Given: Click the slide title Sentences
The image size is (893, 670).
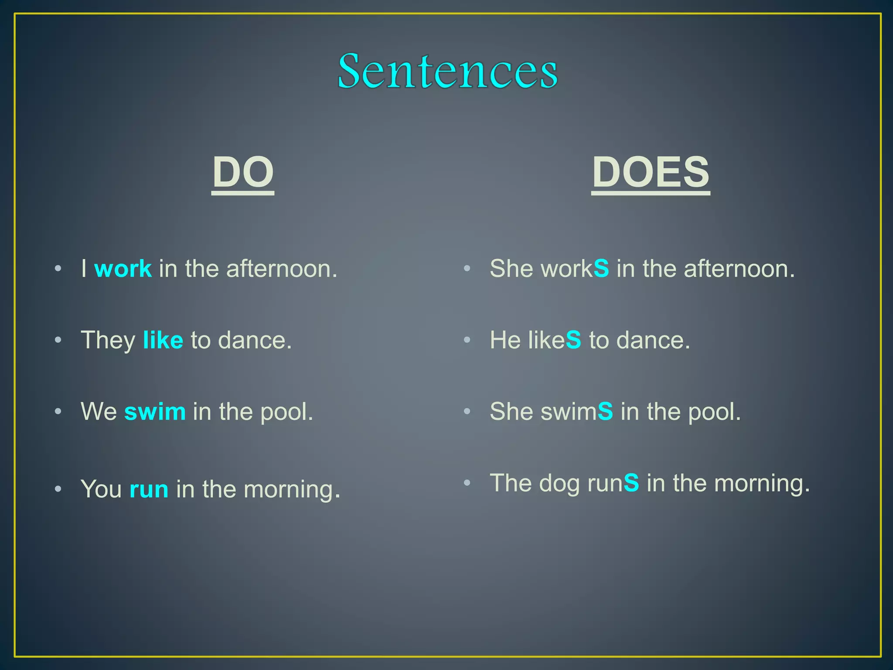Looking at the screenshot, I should coord(447,71).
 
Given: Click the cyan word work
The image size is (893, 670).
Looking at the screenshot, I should coord(123,269).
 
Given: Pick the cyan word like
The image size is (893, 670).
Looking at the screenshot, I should coord(163,340).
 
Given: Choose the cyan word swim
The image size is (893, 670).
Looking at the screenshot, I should coord(155,412).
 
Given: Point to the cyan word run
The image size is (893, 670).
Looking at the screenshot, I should coord(149,489).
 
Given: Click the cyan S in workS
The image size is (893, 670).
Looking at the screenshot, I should coord(601,268).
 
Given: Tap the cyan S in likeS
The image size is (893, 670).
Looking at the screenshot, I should coord(573,340).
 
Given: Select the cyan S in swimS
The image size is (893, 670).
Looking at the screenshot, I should coord(605,411).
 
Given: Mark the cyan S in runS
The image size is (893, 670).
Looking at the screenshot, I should coord(631,483).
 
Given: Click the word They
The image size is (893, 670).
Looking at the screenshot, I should coord(108,340).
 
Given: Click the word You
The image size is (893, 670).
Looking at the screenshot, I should coord(101,489).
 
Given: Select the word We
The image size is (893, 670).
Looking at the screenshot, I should coord(99,412).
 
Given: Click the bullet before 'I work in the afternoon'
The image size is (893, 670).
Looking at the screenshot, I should coord(58,269).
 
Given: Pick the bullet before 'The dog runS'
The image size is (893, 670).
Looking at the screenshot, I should coord(467,482).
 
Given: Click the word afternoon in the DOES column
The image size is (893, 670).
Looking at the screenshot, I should coord(739,269).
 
